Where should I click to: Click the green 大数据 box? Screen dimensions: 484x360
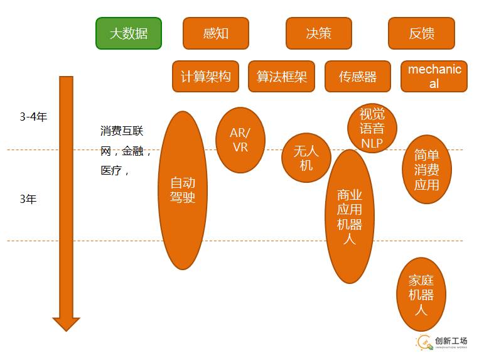tap(129, 33)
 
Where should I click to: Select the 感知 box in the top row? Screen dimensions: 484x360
tap(216, 33)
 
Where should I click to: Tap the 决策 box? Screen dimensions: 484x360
tap(318, 33)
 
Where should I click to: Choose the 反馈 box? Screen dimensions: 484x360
tap(421, 33)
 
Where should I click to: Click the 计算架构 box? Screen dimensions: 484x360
tap(205, 77)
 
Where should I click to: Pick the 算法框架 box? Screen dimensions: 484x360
tap(281, 77)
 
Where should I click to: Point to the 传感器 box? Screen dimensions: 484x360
tap(358, 77)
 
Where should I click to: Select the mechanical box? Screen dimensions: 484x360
tap(434, 77)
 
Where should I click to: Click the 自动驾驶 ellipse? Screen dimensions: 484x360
tap(183, 190)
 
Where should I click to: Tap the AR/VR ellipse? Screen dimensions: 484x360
tap(240, 139)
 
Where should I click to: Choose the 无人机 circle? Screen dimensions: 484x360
tap(306, 158)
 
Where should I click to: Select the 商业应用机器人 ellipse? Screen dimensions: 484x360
tap(350, 217)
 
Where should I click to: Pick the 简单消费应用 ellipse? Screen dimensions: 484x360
tap(427, 170)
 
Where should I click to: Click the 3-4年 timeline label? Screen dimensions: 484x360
tap(33, 117)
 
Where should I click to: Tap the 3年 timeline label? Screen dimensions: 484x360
tap(28, 199)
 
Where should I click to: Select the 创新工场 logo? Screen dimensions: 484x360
tap(442, 342)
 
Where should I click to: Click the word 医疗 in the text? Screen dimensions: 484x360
tap(111, 170)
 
